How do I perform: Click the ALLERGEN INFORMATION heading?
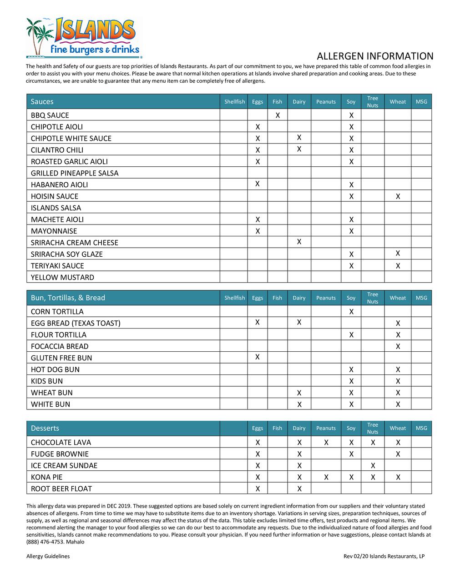click(375, 56)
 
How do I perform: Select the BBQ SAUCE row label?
click(50, 115)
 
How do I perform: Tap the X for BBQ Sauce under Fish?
click(278, 115)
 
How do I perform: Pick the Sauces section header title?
click(42, 102)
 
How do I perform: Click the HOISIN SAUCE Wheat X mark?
click(398, 196)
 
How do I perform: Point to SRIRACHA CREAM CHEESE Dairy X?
click(299, 242)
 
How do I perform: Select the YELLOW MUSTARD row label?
click(62, 277)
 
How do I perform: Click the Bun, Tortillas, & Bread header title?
click(68, 298)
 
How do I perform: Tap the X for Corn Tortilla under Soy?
click(351, 312)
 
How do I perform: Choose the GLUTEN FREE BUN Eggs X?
click(258, 357)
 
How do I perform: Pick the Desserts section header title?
click(45, 428)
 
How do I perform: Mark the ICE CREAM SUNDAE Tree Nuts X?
click(373, 465)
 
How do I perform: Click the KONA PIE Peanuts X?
click(326, 477)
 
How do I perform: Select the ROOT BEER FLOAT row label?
click(61, 488)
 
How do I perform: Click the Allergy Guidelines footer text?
click(48, 556)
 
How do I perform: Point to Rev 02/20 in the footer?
click(355, 556)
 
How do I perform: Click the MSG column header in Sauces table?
click(421, 102)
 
